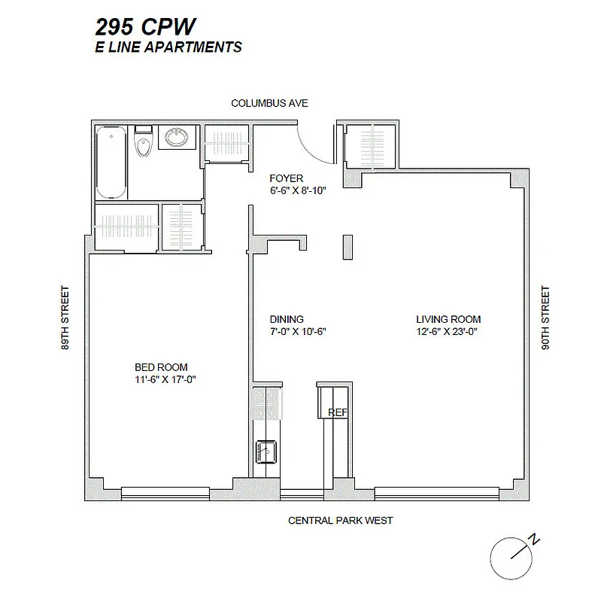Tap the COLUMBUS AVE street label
click(x=269, y=103)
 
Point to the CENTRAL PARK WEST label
click(x=341, y=520)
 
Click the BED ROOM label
click(x=162, y=367)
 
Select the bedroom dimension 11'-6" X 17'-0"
click(x=162, y=380)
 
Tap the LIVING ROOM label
click(x=448, y=319)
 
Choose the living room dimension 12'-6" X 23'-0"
click(x=448, y=331)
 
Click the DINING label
click(x=287, y=319)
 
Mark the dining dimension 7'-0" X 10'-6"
click(x=298, y=331)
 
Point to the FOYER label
click(x=287, y=178)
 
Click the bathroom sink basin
click(x=178, y=139)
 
